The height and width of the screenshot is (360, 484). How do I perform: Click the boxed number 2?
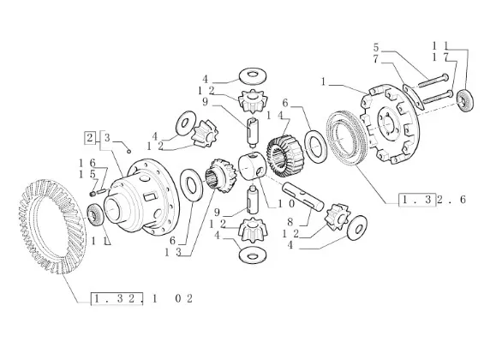click(90, 138)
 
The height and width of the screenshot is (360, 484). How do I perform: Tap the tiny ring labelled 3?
click(129, 151)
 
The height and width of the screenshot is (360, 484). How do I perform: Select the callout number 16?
click(87, 163)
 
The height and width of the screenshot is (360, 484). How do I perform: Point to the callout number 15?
click(87, 175)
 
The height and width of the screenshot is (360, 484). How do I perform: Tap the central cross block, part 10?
click(252, 167)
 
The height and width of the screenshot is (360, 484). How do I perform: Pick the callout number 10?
click(287, 204)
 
